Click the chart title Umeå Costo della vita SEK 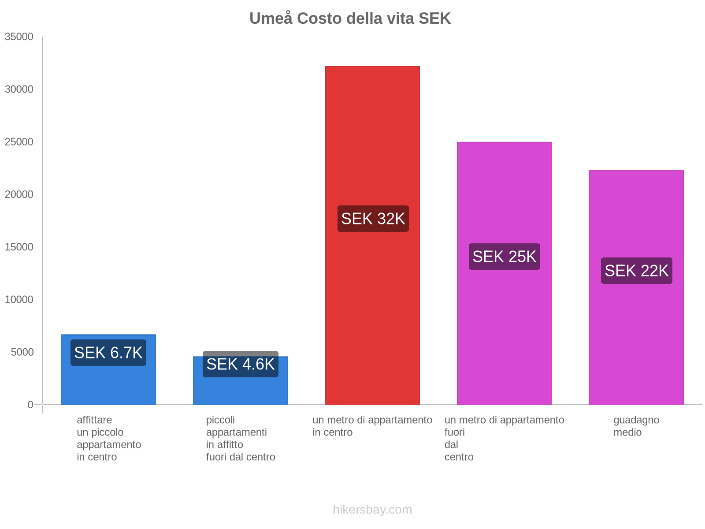tap(350, 19)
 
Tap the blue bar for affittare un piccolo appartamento tap(108, 384)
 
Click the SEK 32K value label tap(373, 219)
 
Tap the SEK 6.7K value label tap(108, 353)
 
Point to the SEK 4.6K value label tap(241, 365)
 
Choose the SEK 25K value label tap(504, 257)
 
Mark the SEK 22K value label tap(636, 271)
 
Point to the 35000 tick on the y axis tap(19, 37)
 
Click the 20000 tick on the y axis tap(19, 194)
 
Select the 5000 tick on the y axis tap(22, 352)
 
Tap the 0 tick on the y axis tap(30, 405)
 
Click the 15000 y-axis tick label tap(19, 247)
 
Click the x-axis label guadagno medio tap(636, 426)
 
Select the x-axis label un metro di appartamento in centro tap(372, 426)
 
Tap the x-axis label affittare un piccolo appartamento tap(108, 438)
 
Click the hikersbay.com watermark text tap(372, 510)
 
